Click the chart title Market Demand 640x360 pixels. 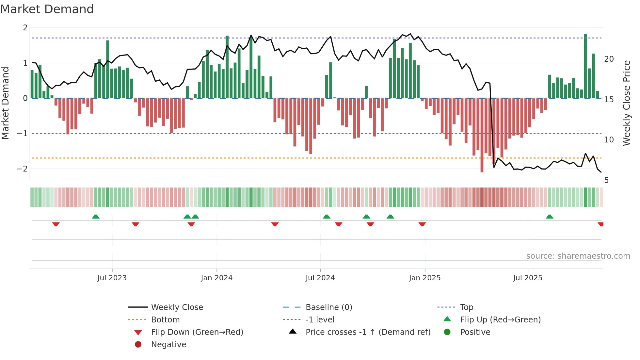pyautogui.click(x=47, y=9)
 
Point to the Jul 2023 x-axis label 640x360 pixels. pyautogui.click(x=112, y=278)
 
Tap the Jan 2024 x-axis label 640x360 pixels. pyautogui.click(x=216, y=278)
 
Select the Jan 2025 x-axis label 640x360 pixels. pyautogui.click(x=424, y=278)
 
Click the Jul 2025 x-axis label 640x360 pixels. pyautogui.click(x=527, y=278)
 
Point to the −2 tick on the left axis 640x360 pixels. pyautogui.click(x=22, y=169)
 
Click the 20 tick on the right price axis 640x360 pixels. pyautogui.click(x=609, y=59)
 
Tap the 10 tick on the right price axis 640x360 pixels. pyautogui.click(x=609, y=140)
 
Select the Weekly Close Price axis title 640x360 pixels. pyautogui.click(x=626, y=103)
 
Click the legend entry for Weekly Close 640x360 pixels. pyautogui.click(x=177, y=307)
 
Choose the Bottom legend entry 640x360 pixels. pyautogui.click(x=165, y=320)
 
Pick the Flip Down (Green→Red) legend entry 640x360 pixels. pyautogui.click(x=197, y=332)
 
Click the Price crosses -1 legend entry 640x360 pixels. pyautogui.click(x=368, y=332)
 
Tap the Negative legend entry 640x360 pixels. pyautogui.click(x=168, y=345)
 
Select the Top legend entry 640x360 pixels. pyautogui.click(x=466, y=307)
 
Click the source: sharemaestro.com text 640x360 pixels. pyautogui.click(x=578, y=256)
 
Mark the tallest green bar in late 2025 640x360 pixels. pyautogui.click(x=585, y=65)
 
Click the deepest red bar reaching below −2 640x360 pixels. pyautogui.click(x=482, y=136)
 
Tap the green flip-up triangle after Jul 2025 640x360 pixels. pyautogui.click(x=550, y=217)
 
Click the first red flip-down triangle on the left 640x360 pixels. pyautogui.click(x=56, y=224)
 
